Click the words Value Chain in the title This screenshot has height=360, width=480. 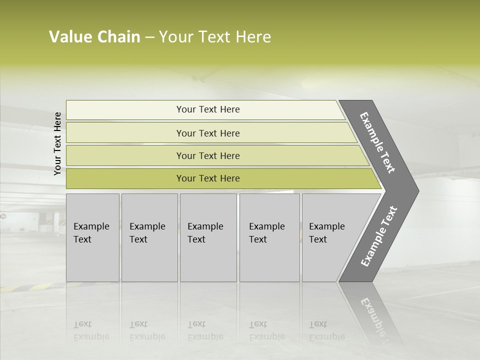(94, 37)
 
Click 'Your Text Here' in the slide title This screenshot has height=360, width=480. (215, 37)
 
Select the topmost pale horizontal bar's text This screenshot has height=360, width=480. (208, 109)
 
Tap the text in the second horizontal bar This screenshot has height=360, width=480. (208, 133)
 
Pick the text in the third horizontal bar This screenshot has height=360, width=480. (208, 155)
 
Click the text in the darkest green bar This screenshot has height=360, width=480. (208, 178)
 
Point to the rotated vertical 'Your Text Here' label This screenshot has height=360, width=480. (57, 143)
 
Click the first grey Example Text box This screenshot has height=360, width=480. (91, 233)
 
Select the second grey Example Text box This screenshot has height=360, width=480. (148, 233)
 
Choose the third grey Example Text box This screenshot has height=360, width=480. (206, 233)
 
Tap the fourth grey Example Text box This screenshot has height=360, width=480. (267, 233)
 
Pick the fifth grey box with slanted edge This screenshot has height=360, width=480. (327, 233)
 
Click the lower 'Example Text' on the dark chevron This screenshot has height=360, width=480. (379, 236)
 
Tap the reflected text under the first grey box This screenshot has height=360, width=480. (91, 330)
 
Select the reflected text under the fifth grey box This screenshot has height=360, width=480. (326, 330)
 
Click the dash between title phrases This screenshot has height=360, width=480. (149, 37)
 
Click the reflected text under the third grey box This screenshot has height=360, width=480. (205, 330)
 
